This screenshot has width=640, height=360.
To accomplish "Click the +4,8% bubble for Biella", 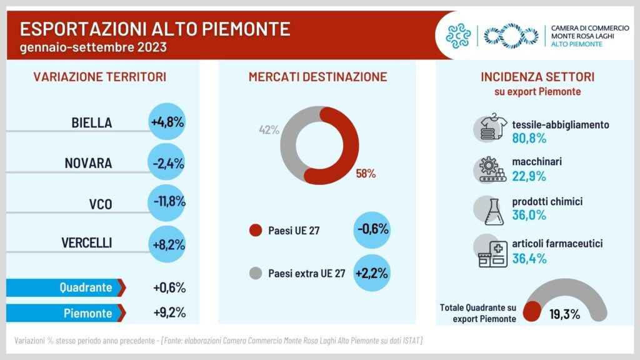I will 167,122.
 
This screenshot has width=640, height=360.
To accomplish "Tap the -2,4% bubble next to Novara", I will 167,163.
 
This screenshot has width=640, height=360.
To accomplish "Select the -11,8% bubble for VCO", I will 167,202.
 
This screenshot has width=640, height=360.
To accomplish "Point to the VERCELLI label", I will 87,243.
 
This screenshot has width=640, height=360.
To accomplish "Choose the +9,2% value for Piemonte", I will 169,312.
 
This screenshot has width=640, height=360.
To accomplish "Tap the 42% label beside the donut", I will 269,130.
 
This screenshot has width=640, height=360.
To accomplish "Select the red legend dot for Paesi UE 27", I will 255,231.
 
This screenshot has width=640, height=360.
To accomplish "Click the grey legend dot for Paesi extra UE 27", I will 255,273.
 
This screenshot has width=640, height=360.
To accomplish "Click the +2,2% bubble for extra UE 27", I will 372,273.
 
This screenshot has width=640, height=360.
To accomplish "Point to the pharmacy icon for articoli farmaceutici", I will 491,251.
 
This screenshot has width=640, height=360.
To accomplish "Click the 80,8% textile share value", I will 529,137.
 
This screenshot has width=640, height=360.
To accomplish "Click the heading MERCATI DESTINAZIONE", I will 317,77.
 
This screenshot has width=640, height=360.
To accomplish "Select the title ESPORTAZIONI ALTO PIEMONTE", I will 155,29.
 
